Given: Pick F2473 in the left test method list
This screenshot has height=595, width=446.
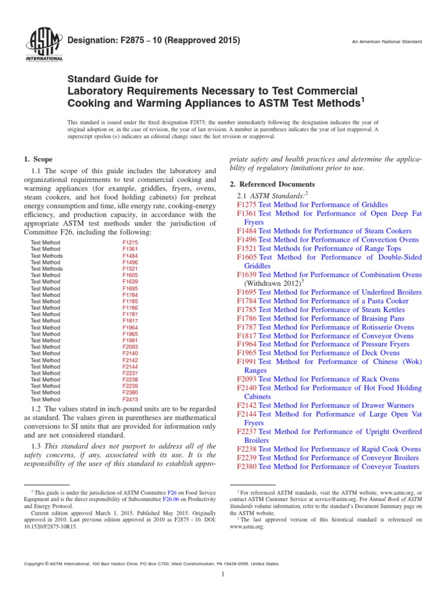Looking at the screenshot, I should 130,399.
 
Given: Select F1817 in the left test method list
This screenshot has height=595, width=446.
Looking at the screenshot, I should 130,321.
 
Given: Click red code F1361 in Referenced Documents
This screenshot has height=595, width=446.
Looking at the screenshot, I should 247,214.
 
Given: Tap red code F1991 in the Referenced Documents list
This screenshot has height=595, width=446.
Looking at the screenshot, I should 247,361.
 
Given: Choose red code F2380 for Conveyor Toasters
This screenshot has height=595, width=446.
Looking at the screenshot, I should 247,467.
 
